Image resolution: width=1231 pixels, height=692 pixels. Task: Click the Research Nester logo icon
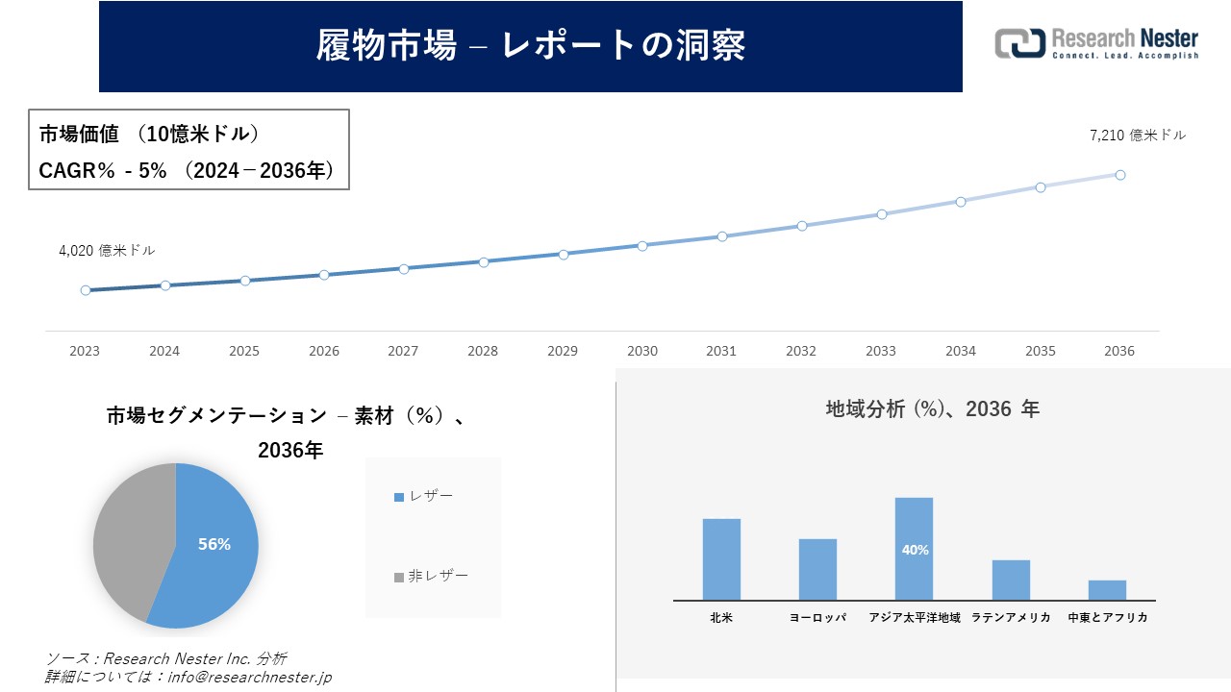(1019, 43)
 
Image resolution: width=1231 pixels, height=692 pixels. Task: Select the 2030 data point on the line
(642, 245)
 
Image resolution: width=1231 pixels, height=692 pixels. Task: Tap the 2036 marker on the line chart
(1120, 175)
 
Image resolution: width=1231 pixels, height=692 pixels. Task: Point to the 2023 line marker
(86, 290)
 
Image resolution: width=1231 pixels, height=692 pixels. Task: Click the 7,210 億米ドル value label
(1138, 136)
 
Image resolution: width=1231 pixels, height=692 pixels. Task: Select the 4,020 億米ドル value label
(107, 250)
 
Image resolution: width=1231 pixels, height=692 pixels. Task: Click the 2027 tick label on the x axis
(404, 351)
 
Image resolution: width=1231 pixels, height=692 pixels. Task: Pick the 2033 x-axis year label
(881, 351)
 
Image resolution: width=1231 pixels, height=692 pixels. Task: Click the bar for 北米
(721, 559)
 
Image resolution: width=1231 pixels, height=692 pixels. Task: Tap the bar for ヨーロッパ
(817, 569)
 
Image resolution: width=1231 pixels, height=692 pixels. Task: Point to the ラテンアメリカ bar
(1011, 580)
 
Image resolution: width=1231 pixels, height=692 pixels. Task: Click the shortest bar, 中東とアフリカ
(1107, 590)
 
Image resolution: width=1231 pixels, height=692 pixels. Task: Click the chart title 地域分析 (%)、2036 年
(932, 408)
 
